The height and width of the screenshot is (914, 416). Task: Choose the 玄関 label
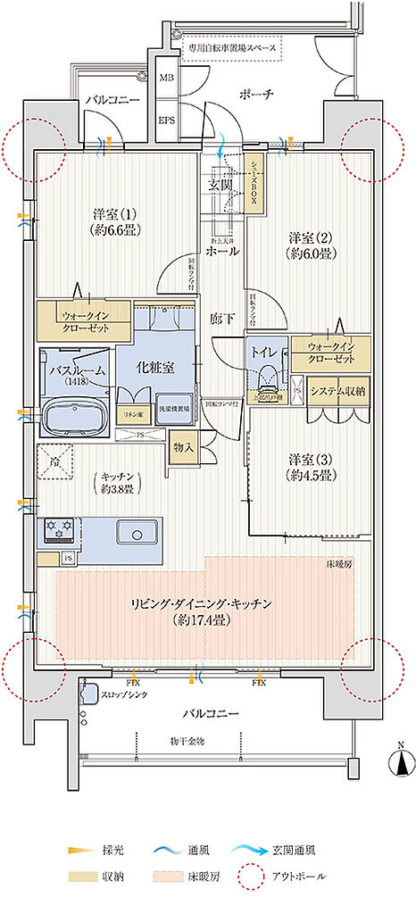pos(220,186)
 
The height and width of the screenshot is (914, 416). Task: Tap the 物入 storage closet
pos(182,447)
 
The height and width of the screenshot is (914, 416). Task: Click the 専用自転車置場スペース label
pos(231,46)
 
